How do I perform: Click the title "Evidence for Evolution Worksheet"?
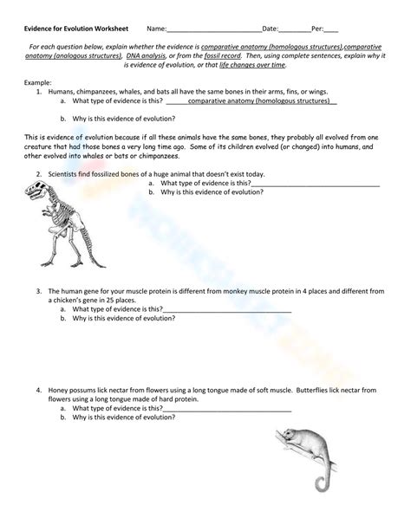[x=75, y=29]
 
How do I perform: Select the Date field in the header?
[x=294, y=29]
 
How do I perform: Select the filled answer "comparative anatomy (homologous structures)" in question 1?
[x=250, y=100]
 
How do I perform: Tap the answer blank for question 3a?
[x=227, y=309]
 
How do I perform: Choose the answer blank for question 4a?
[x=227, y=408]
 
